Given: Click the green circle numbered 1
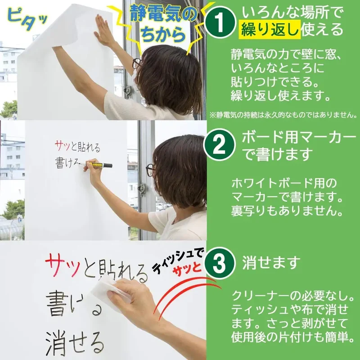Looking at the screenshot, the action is click(220, 22).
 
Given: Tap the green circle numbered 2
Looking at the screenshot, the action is click(219, 144).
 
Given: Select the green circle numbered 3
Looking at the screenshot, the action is click(220, 263).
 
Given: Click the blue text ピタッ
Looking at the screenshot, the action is click(27, 19).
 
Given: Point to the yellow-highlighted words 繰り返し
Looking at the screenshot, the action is click(270, 29).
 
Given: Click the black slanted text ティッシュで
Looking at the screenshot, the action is click(178, 261).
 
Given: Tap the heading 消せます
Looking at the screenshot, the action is click(271, 262).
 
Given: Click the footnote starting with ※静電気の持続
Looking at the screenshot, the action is click(284, 115).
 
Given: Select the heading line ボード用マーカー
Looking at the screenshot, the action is click(299, 137).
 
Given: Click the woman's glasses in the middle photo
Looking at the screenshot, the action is click(150, 170).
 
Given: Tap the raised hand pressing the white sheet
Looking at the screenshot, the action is click(104, 30).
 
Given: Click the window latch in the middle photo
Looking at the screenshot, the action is click(142, 189).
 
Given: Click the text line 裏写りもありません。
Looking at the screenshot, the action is click(287, 211).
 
